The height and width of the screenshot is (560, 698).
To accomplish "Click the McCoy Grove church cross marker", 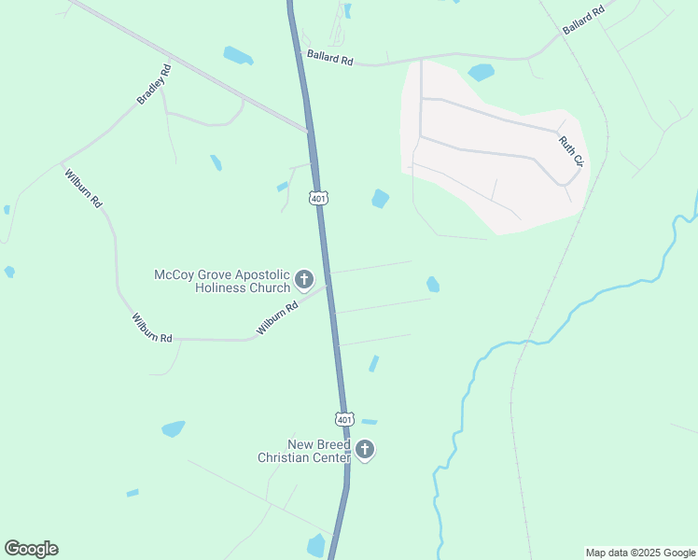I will (x=303, y=279).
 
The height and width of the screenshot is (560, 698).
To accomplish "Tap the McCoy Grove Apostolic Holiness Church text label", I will (x=222, y=281).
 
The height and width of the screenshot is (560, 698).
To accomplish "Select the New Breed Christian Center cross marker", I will (x=365, y=451).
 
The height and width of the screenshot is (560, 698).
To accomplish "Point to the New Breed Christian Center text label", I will (x=304, y=451).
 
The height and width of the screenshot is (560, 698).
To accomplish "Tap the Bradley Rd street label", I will (x=154, y=84).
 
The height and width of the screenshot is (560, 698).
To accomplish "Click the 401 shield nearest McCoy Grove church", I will (x=319, y=199).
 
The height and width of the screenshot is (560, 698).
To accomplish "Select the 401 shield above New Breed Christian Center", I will (x=344, y=419).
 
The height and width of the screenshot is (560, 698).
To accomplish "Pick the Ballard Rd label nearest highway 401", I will (x=330, y=59).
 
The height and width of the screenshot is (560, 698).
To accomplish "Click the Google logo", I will (x=31, y=549).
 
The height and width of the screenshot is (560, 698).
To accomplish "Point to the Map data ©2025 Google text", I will (x=640, y=553).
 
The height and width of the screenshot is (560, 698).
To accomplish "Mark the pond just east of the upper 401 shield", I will (x=380, y=199).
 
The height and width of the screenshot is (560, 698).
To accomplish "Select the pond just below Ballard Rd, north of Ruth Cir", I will (x=481, y=72).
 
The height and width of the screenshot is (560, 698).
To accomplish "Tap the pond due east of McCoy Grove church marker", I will (x=433, y=284).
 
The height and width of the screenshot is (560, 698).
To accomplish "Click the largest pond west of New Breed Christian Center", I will (x=173, y=428).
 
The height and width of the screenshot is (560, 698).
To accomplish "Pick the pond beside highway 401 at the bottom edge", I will (x=316, y=545).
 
